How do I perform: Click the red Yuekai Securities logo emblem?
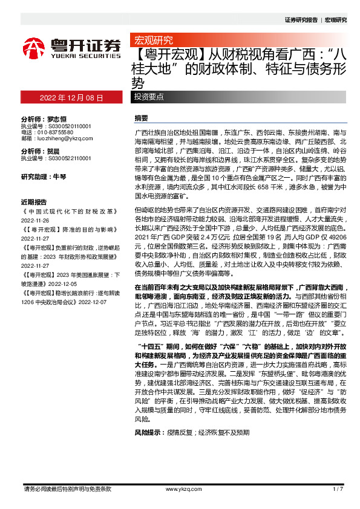[33, 47]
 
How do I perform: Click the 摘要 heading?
[140, 118]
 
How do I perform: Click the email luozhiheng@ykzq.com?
[61, 138]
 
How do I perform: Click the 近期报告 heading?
[33, 202]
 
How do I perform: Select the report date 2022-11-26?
[36, 221]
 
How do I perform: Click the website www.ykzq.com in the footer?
[180, 488]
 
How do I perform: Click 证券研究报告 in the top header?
[300, 20]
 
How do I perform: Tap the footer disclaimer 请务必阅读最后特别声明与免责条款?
[67, 488]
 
